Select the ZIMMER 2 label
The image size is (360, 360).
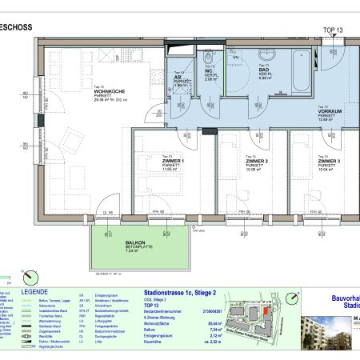[256, 161]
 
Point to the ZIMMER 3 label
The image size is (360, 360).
[327, 161]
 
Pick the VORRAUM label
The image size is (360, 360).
[330, 113]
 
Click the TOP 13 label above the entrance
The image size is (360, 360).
[331, 30]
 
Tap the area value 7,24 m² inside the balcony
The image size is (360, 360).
[133, 250]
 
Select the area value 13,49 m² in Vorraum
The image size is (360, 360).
[330, 122]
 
